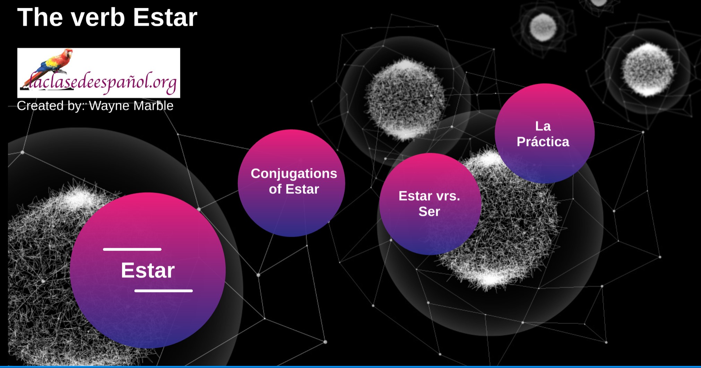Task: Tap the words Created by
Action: click(x=51, y=106)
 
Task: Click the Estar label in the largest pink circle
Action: click(x=148, y=270)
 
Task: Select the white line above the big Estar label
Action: click(x=132, y=249)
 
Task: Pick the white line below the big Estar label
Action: click(x=163, y=291)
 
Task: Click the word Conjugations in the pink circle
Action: click(x=294, y=173)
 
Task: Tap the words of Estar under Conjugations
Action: click(x=294, y=189)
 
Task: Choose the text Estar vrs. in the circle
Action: click(x=429, y=196)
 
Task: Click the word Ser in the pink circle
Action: click(x=429, y=211)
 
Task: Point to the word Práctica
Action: click(x=543, y=142)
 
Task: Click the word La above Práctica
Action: click(x=543, y=126)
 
